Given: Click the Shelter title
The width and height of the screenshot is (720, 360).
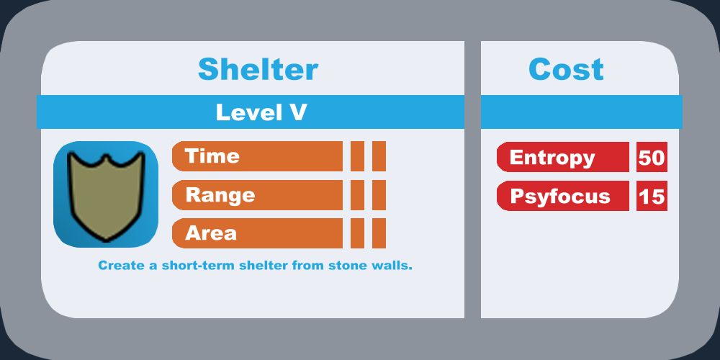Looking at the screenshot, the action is (258, 69).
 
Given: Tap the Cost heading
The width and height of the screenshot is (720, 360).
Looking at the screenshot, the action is (566, 69).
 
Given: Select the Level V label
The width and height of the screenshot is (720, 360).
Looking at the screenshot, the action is (261, 112).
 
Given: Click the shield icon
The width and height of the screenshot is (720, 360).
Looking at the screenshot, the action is (106, 194).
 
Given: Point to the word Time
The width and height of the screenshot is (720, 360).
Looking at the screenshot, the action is (212, 156).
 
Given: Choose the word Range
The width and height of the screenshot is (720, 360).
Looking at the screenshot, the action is (220, 195).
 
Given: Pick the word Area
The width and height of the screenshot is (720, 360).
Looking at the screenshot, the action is (211, 233).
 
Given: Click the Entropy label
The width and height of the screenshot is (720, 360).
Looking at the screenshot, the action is (552, 158).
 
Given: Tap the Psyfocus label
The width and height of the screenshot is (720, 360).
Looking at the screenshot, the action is (560, 197).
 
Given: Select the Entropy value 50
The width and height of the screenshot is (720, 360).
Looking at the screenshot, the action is (652, 158).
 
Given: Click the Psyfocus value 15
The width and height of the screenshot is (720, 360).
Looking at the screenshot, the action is (652, 197).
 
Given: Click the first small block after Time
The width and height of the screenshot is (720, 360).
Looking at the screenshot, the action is (357, 156).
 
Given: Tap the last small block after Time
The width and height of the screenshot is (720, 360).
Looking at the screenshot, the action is (379, 156).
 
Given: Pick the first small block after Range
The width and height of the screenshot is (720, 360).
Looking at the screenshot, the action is (357, 195).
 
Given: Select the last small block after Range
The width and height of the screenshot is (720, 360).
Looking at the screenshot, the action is (379, 195).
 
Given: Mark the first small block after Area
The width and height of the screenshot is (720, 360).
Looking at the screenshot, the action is (357, 233).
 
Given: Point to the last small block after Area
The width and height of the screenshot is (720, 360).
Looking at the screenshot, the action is (379, 233).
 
